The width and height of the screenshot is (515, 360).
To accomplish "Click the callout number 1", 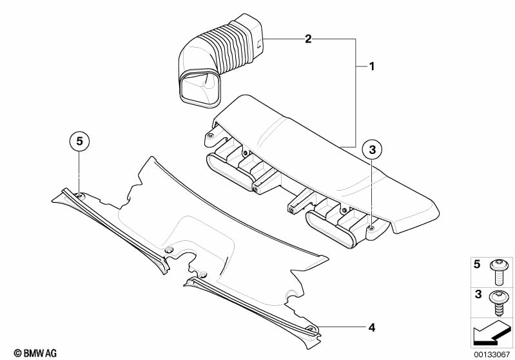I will click(x=371, y=66).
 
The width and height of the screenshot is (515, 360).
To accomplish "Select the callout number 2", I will click(x=308, y=39).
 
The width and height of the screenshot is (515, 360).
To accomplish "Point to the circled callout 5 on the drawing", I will click(x=78, y=140).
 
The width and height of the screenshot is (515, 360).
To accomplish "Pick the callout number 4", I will click(x=371, y=328).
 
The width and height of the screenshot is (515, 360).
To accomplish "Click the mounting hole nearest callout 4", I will click(x=311, y=330).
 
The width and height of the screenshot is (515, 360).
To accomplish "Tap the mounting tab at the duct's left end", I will click(x=209, y=137).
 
